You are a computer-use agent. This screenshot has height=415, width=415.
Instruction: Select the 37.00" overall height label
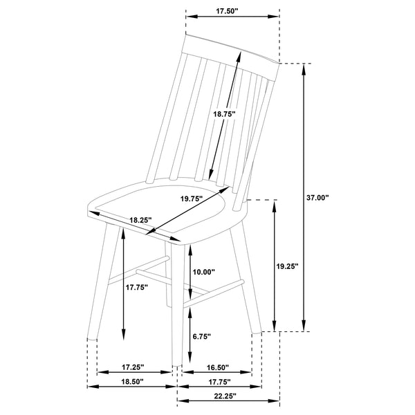coord(318,198)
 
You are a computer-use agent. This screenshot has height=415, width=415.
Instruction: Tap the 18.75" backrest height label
coord(224,113)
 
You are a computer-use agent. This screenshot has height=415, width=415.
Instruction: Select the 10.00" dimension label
coord(204,272)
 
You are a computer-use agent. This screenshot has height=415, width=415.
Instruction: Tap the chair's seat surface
coord(159,204)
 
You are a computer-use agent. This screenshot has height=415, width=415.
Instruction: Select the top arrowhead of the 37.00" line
coord(303,68)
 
